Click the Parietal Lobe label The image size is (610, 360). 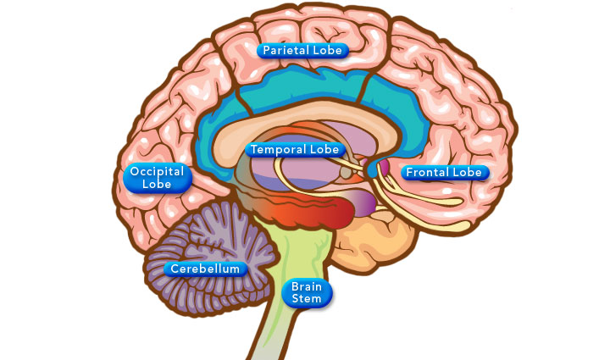pos(302,50)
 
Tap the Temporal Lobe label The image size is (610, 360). pos(294,149)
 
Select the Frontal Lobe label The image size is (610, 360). pos(443,173)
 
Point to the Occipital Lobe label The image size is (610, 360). pos(158,178)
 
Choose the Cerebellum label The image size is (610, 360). pos(207,269)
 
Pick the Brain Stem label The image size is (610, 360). pos(307,292)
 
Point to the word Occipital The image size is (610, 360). pos(158,172)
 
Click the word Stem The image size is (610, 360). pos(307,298)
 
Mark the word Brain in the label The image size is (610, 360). pos(307,286)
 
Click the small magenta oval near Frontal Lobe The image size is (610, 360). pos(383,167)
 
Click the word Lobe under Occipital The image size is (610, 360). pos(158,184)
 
